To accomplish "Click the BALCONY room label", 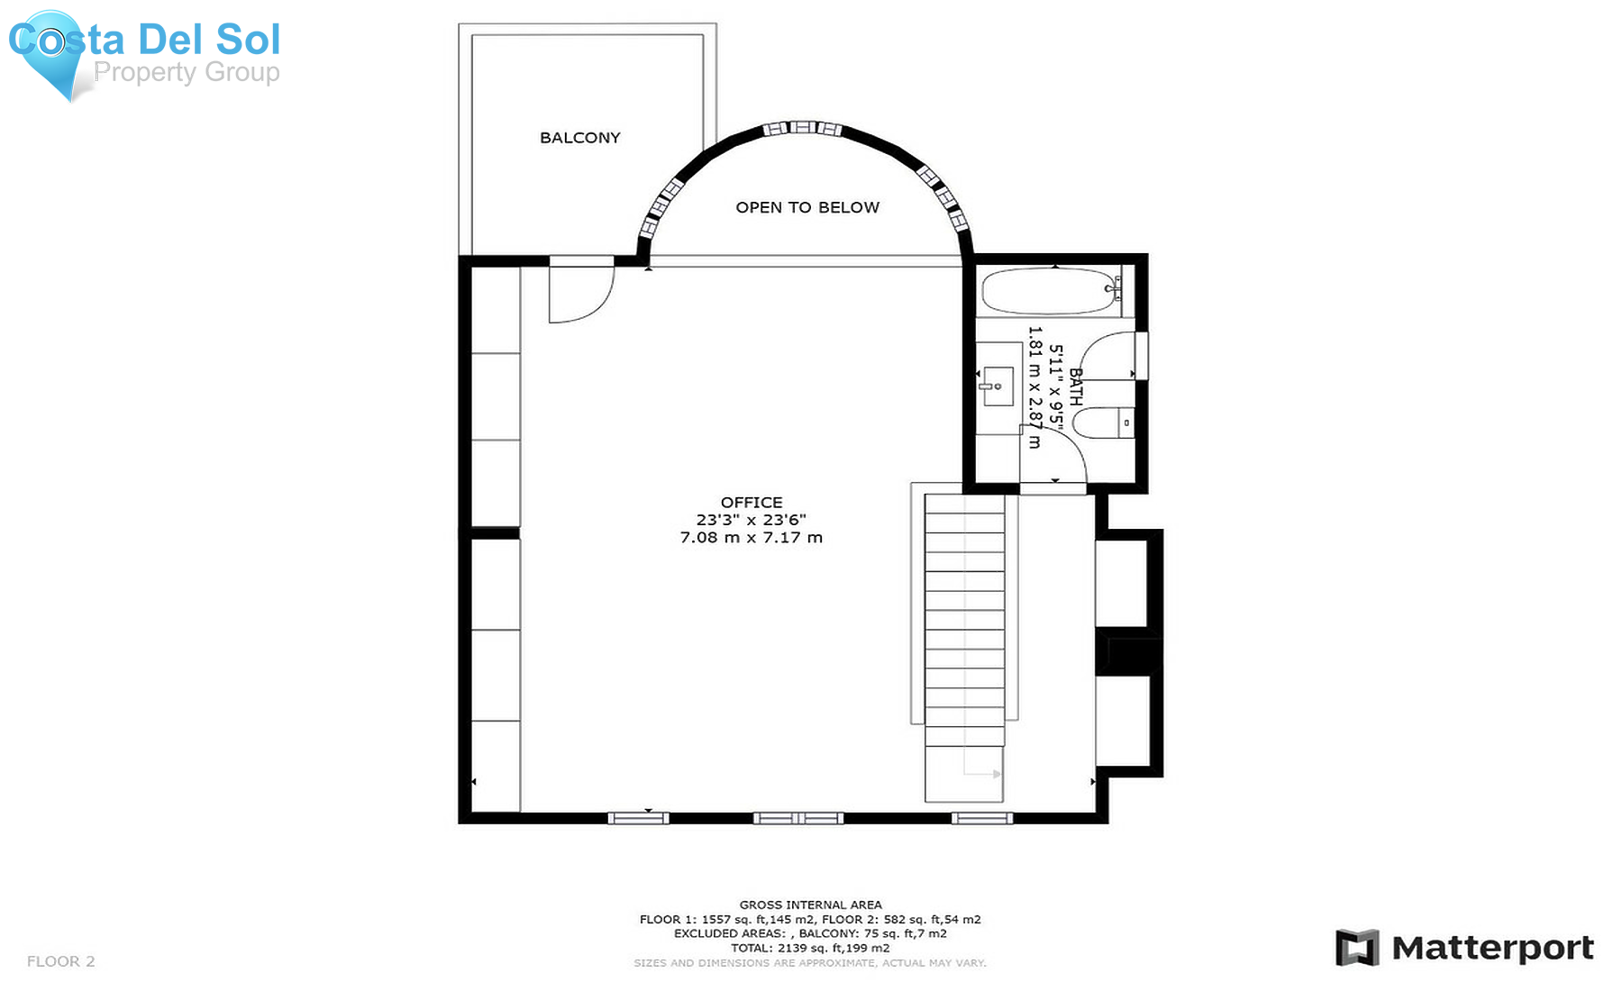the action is [580, 138].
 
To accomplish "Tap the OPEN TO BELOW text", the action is [807, 207].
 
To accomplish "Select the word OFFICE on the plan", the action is [752, 503].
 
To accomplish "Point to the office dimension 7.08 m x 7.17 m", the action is [752, 538].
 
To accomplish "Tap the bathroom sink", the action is [997, 386].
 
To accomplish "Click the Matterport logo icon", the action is [1357, 948].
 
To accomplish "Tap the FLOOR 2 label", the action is [61, 961].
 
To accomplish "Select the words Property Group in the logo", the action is [187, 72].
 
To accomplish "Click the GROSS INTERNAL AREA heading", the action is [811, 905].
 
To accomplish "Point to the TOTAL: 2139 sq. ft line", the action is [810, 948].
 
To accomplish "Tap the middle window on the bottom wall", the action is [798, 818].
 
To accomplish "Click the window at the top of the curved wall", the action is [802, 129].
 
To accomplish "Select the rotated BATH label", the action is [1075, 386].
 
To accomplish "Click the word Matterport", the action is [1493, 949].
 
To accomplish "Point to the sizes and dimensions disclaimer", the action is [810, 963].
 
